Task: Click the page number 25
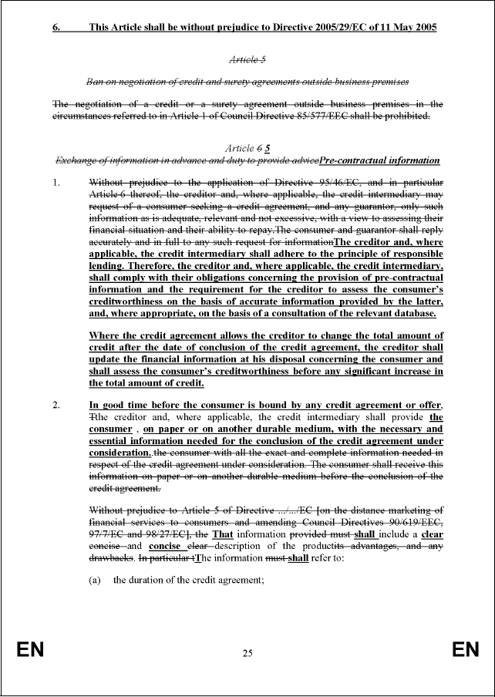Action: click(247, 654)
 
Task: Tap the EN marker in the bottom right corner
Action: click(465, 651)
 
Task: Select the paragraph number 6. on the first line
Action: click(56, 27)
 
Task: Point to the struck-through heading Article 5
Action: click(247, 59)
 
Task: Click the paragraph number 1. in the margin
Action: click(56, 184)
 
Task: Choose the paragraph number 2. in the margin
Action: click(56, 405)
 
